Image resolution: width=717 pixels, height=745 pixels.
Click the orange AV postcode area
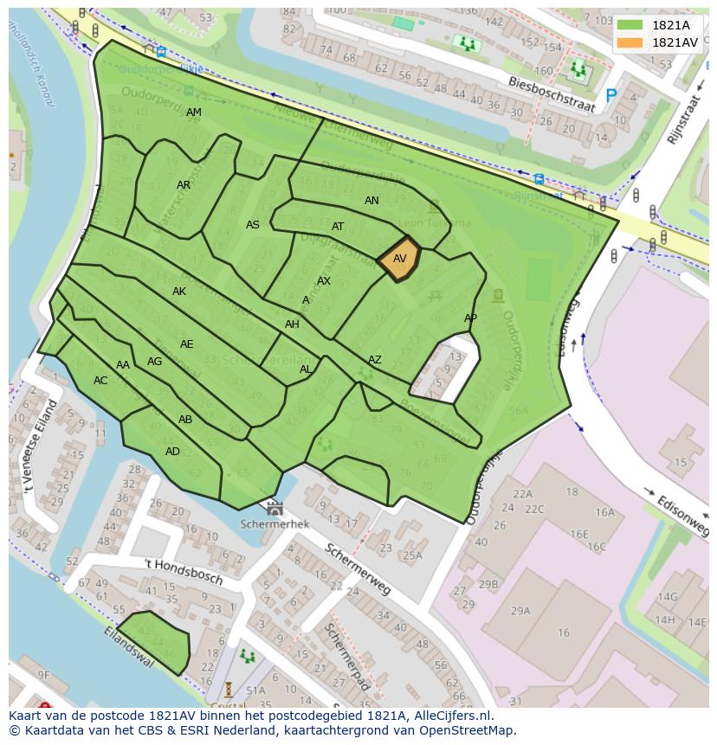[x=399, y=259]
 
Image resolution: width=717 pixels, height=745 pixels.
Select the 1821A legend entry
[x=657, y=25]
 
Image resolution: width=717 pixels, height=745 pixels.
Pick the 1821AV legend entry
[x=657, y=42]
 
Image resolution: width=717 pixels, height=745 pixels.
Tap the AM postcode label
[x=194, y=112]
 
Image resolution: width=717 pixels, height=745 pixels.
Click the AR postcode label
[x=184, y=185]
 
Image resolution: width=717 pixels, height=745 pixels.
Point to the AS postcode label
[x=253, y=225]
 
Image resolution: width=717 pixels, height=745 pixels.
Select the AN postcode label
[x=371, y=201]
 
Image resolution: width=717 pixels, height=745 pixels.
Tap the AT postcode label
[x=338, y=227]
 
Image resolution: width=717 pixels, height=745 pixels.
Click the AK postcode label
[x=179, y=292]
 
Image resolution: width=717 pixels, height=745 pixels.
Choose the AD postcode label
[x=172, y=452]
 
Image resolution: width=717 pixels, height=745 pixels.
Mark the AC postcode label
[x=100, y=381]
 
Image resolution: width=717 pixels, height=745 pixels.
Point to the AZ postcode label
[x=375, y=360]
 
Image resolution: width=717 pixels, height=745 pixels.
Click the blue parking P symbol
[x=611, y=95]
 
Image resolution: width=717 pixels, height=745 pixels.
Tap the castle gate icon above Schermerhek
[x=275, y=508]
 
